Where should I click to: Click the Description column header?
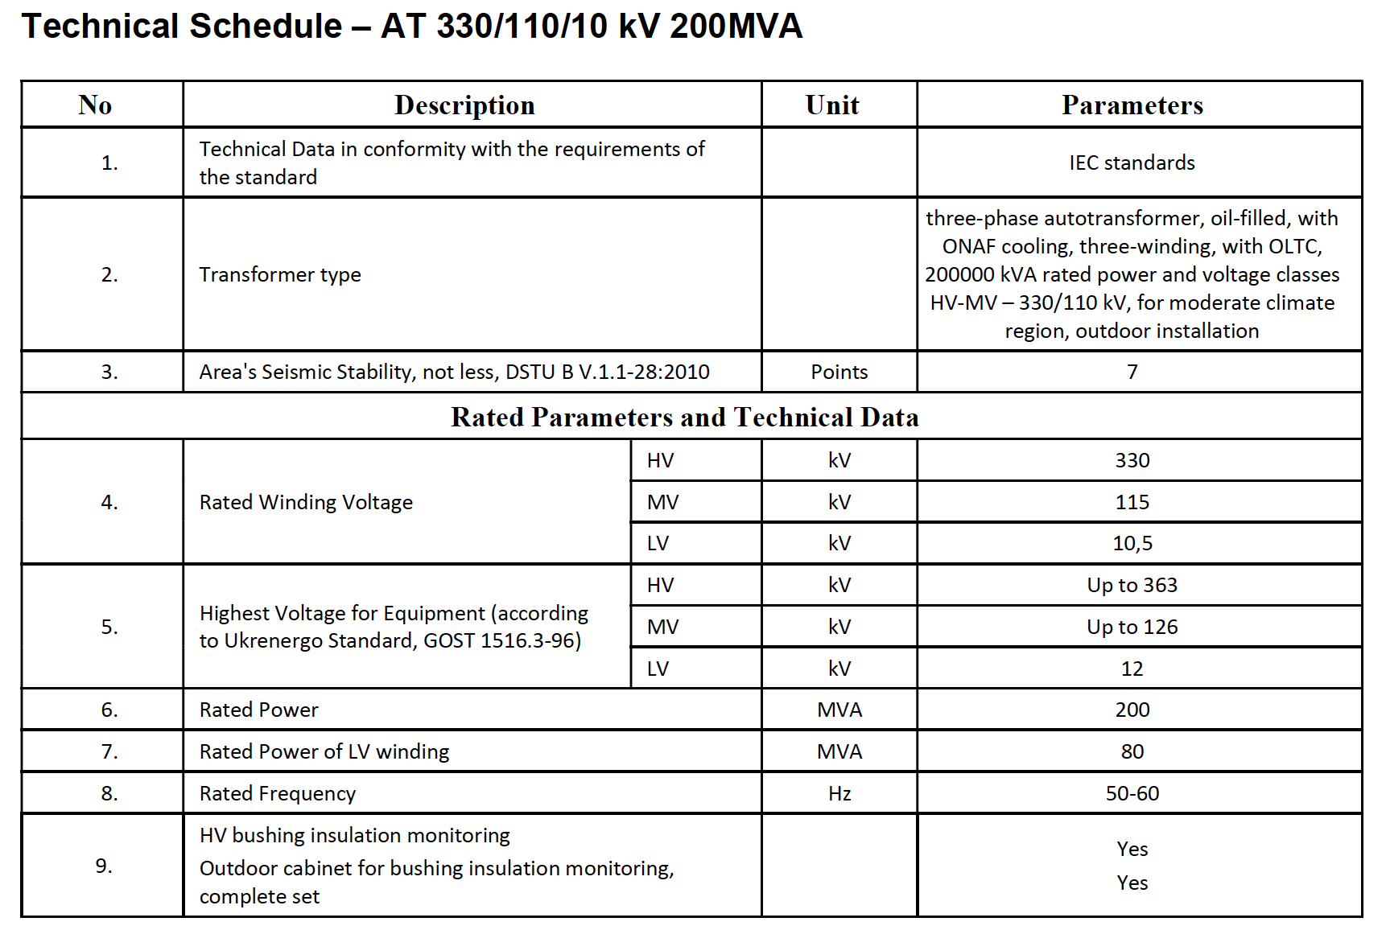tap(464, 105)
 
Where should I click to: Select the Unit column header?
tap(832, 105)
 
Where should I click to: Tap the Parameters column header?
tap(1132, 105)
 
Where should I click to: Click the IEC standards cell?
tap(1132, 163)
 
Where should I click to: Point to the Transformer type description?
tap(280, 274)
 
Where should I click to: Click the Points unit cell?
tap(839, 372)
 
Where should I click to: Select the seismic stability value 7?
tap(1132, 372)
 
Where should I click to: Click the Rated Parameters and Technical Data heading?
tap(684, 417)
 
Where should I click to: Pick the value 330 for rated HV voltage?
tap(1132, 460)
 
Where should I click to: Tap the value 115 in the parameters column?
tap(1132, 502)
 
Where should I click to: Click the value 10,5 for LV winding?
tap(1132, 543)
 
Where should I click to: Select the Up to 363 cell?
tap(1132, 585)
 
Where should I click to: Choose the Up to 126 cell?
tap(1132, 627)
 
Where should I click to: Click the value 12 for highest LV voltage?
tap(1132, 669)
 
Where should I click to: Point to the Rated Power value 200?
tap(1132, 710)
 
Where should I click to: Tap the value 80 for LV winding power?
tap(1132, 751)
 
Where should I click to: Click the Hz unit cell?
tap(839, 793)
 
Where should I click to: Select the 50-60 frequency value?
tap(1132, 793)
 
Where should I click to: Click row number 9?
tap(104, 866)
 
